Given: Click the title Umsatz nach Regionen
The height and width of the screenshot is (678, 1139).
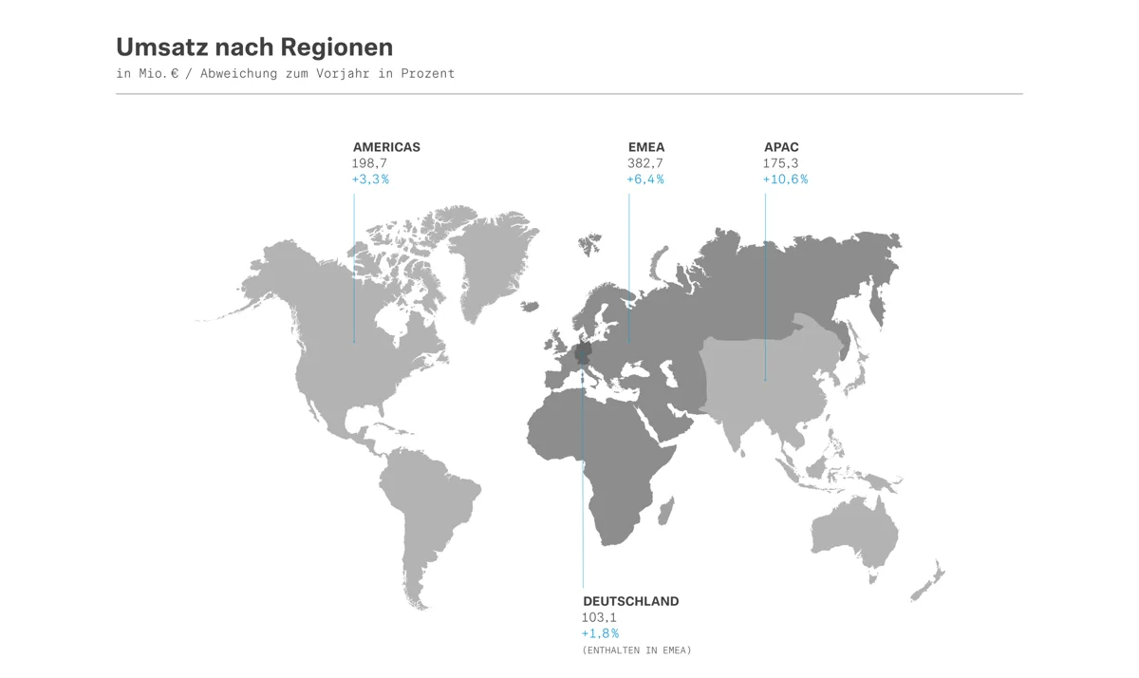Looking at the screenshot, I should point(253,47).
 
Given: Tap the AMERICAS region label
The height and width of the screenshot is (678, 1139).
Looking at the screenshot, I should point(386,147).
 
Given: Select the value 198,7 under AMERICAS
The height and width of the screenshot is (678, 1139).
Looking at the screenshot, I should point(369,163).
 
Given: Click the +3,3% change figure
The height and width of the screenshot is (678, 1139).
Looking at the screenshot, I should point(370,179).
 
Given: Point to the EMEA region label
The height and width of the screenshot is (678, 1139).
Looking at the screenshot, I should point(646,147).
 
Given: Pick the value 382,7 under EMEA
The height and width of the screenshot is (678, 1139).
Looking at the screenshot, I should point(645,163).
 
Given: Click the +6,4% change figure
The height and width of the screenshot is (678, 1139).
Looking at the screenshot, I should point(645,179).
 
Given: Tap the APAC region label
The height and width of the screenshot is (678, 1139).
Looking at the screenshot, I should point(781,147).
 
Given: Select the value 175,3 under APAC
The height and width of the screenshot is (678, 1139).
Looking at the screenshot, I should point(781,163).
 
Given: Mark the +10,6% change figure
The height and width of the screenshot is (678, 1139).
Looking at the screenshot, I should point(785,179).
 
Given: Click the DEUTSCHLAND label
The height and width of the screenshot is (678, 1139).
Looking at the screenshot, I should point(630,601).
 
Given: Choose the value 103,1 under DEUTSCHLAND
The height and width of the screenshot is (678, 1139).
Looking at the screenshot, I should point(599,617).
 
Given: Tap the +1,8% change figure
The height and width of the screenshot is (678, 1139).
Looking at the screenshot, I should point(600,633).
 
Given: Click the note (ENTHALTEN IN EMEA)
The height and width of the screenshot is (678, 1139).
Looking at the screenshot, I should point(637,650).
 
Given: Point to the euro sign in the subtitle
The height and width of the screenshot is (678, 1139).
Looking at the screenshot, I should point(174,74).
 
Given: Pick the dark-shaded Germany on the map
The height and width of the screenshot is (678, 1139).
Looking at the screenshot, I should point(583,354).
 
